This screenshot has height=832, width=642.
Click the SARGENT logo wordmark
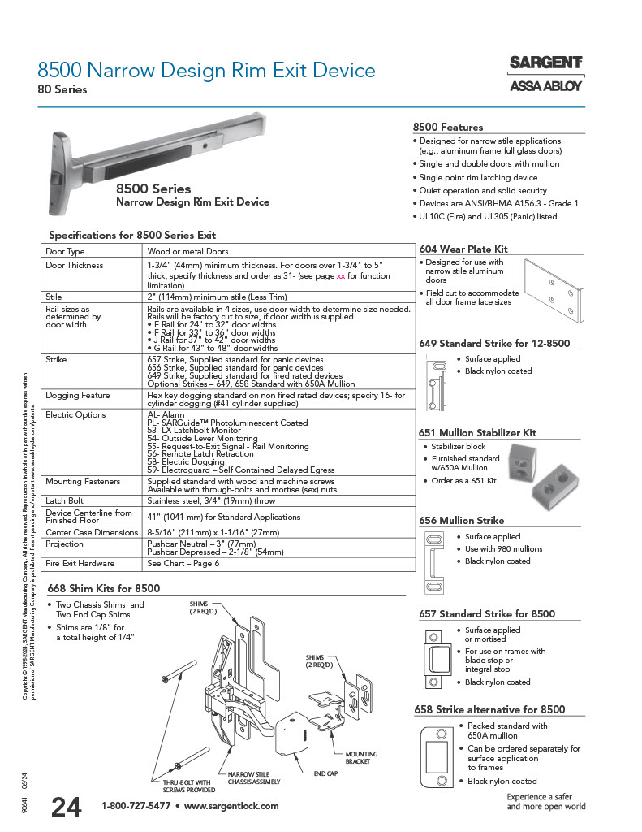click(545, 63)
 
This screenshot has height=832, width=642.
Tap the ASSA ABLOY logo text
click(545, 85)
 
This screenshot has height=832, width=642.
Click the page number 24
click(66, 807)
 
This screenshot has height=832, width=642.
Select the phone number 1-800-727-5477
click(136, 806)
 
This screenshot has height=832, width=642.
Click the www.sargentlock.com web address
click(231, 806)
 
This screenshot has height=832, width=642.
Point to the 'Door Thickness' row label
click(75, 265)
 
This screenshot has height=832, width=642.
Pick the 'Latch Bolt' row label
click(66, 501)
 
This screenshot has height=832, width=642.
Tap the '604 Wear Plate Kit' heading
click(463, 249)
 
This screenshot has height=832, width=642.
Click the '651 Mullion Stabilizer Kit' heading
click(478, 432)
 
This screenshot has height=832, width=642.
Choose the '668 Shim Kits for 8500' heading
click(104, 588)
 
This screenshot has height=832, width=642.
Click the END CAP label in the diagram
click(325, 773)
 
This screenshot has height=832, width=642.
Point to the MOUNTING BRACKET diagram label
click(361, 758)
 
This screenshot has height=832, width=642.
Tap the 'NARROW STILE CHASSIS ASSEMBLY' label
click(254, 778)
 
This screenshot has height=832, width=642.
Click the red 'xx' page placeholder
click(341, 275)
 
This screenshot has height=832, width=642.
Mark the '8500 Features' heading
click(448, 127)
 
